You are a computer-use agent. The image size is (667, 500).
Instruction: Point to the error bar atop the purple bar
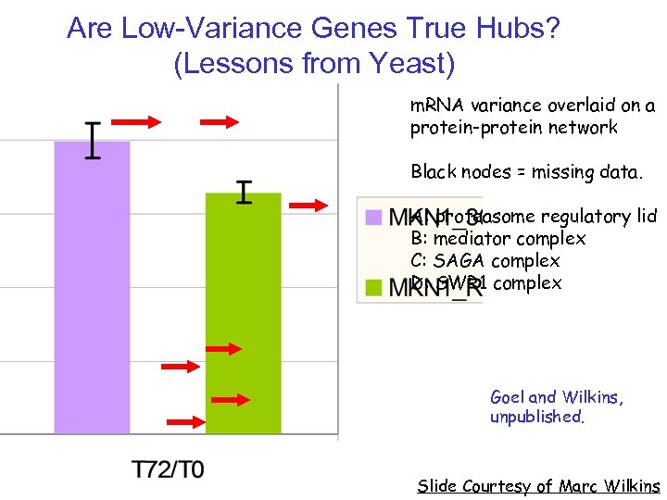click(93, 140)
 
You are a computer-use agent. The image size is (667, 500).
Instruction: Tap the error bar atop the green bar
click(244, 193)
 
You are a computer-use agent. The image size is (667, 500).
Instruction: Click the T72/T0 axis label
click(168, 469)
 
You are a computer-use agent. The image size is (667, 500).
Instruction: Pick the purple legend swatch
click(372, 218)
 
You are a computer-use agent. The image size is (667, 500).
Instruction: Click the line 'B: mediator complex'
click(498, 239)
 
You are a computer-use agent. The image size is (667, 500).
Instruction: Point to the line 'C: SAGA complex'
click(485, 261)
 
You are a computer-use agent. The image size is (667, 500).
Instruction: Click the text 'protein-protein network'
click(514, 128)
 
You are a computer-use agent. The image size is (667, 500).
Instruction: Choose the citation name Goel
click(510, 397)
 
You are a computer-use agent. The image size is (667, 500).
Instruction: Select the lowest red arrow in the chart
click(188, 421)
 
